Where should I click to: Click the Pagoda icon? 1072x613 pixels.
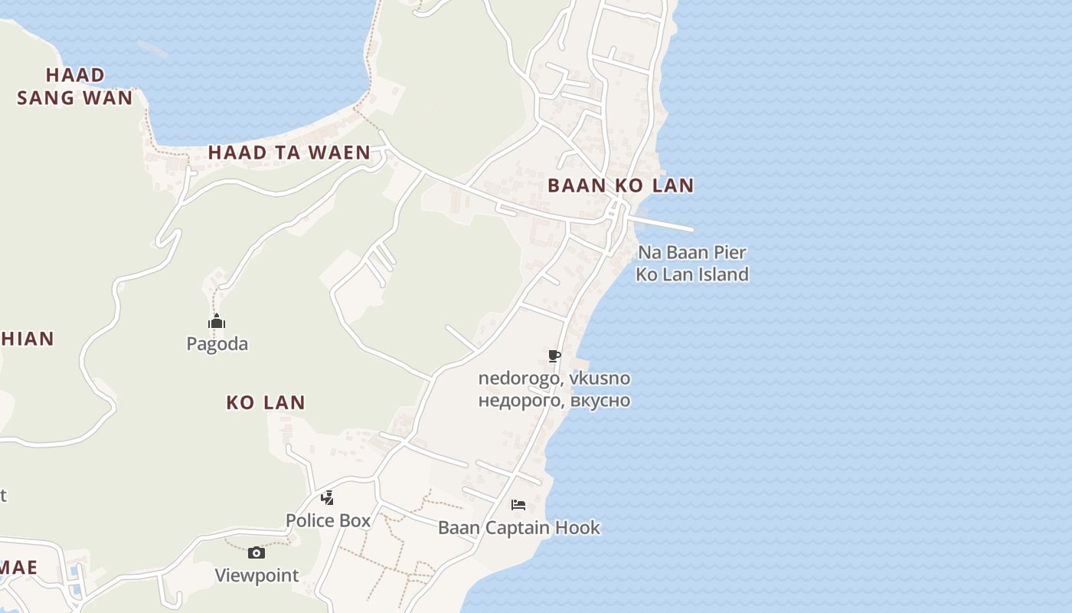point(217,322)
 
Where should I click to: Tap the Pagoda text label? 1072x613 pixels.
point(217,344)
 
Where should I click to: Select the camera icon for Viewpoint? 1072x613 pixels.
point(257,552)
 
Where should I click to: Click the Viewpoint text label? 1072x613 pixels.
point(257,575)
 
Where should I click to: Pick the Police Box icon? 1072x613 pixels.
point(327,498)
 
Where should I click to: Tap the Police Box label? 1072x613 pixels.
point(328,521)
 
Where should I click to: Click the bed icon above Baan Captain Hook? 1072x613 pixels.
point(518,505)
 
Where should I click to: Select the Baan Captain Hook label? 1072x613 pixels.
point(519,528)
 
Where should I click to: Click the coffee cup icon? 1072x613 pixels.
point(554,356)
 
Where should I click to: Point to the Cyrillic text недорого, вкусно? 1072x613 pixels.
point(554,400)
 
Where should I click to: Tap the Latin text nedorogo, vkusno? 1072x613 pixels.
point(554,379)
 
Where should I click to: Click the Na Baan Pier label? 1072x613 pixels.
point(692,252)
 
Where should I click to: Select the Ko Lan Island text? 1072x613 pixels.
point(692,274)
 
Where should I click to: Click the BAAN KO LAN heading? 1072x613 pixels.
point(620,185)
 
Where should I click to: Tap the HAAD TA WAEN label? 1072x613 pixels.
point(289,152)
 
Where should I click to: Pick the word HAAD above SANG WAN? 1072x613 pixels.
point(75,75)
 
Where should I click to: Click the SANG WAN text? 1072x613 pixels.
point(75,98)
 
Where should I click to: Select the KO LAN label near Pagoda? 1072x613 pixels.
point(266,402)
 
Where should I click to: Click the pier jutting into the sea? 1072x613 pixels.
point(662,223)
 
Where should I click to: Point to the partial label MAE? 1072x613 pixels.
point(18,568)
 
